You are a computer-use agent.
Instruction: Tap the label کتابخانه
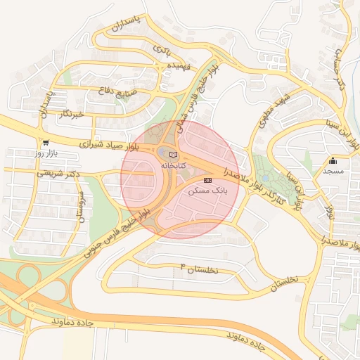pos(174,165)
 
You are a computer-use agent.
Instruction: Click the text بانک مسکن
pos(207,191)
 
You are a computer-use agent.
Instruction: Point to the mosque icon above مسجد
pos(333,160)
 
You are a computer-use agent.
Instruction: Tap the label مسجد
pos(333,171)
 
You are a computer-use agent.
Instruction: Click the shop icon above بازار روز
pos(45,142)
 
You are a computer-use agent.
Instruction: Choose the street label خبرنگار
pos(70,114)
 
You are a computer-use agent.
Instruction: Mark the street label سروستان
pos(82,205)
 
